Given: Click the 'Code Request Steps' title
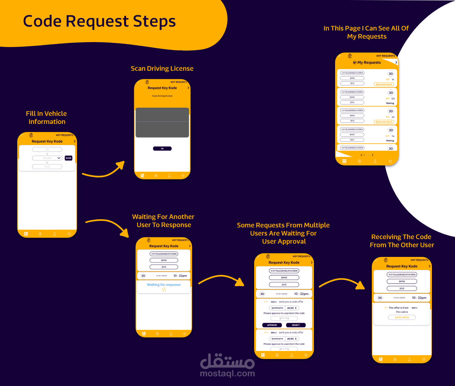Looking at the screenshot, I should point(99,21).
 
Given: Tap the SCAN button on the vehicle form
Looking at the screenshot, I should point(68,158).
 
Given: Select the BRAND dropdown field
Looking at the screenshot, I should point(47,158).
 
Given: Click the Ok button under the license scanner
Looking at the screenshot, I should point(162,149).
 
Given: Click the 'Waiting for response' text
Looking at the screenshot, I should point(164,285).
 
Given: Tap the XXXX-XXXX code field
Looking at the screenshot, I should point(402,317).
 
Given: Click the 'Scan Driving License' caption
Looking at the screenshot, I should point(162,68).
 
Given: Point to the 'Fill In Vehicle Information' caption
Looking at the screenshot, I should point(46,117).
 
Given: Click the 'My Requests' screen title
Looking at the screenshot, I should point(369,63).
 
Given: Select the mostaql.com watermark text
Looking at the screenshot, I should point(227,373).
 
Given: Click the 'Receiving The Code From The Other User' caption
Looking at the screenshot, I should point(402,241).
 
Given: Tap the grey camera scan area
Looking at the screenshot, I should point(162,122).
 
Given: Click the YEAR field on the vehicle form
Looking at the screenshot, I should point(47,167).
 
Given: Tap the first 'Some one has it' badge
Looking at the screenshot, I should point(384,84).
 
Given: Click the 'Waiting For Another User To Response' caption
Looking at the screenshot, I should point(163,221).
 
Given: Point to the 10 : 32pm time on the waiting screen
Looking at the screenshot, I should point(180,276).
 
